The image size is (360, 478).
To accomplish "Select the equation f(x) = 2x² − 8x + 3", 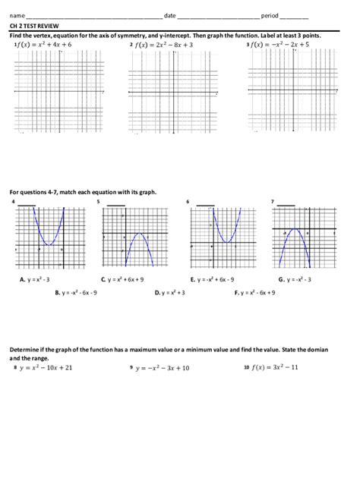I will (164, 46).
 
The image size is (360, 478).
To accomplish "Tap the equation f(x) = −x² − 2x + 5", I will (281, 46).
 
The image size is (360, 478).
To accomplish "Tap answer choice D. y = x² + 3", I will (170, 292).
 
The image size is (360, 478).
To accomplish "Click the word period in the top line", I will (269, 15).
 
